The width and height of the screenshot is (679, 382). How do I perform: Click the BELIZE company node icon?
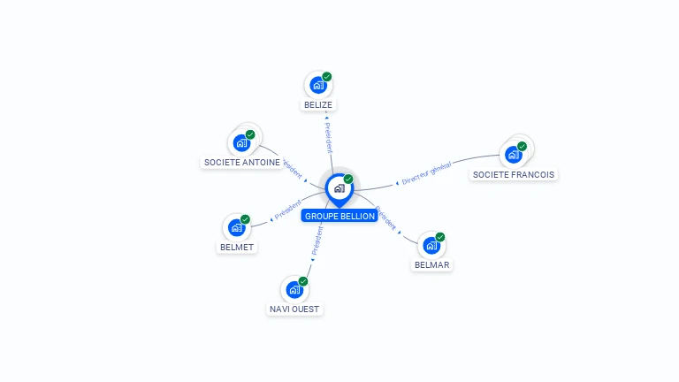tap(318, 86)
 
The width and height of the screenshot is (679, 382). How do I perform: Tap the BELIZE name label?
tap(318, 104)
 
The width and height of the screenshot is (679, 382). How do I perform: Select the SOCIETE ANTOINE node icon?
tap(241, 142)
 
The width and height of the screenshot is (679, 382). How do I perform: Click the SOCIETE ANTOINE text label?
tap(242, 162)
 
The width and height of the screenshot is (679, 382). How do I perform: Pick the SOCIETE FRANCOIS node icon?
tap(513, 155)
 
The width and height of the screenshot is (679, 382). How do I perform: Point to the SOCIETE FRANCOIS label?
tap(514, 174)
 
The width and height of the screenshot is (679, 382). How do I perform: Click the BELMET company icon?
tap(237, 227)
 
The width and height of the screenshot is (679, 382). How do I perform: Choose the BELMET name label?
tap(238, 247)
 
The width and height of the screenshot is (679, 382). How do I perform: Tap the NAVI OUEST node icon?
tap(294, 289)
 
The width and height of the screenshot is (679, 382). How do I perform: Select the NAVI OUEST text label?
tap(294, 309)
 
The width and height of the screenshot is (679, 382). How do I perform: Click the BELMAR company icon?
tap(431, 245)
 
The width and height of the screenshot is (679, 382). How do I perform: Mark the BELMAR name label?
tap(432, 264)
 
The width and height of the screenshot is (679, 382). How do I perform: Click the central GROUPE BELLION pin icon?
tap(339, 188)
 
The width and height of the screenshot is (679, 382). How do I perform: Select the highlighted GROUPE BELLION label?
tap(340, 216)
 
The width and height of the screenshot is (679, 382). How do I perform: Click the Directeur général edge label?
tap(426, 173)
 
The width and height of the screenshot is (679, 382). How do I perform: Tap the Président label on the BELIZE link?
tap(328, 136)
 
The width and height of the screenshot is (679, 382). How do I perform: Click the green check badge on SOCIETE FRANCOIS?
tap(522, 146)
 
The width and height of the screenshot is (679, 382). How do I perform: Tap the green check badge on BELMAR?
tap(440, 237)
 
